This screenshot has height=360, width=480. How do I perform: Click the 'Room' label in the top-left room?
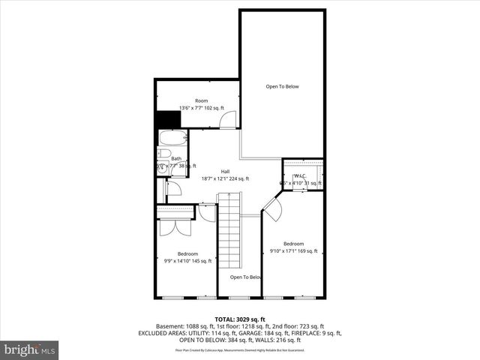coord(201,100)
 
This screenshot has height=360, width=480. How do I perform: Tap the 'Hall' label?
coord(225,172)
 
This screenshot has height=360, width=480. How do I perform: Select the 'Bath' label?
coord(176,158)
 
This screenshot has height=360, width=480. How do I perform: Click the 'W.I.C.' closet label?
coord(300,175)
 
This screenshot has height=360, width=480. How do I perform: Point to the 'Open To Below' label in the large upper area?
coord(282,86)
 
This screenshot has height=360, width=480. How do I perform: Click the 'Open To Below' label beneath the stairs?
coord(245,277)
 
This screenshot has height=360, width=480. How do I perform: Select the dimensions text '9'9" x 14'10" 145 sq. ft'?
coord(187,260)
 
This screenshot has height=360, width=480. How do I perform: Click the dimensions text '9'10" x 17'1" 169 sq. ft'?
coord(293,250)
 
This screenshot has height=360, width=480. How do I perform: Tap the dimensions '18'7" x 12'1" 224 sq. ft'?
coord(225,178)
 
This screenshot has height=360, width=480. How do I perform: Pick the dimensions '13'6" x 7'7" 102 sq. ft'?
coord(201,108)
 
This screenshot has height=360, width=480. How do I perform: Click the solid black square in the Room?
coord(166,120)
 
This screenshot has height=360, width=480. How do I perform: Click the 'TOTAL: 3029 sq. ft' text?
coord(239,319)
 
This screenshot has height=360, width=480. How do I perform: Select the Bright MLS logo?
coord(30,349)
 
